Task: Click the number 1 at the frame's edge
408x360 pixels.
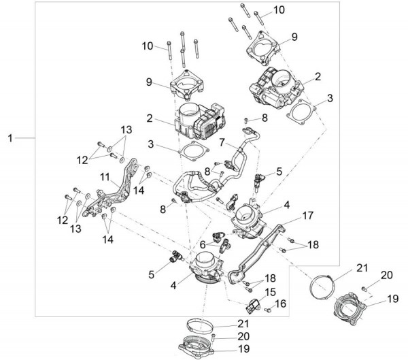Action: pyautogui.click(x=10, y=139)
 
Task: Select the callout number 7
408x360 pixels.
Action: pyautogui.click(x=221, y=142)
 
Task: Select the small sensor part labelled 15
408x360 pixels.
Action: pyautogui.click(x=254, y=304)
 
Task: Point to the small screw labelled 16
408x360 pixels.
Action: pyautogui.click(x=268, y=310)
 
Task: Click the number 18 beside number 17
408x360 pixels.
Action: pyautogui.click(x=313, y=244)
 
